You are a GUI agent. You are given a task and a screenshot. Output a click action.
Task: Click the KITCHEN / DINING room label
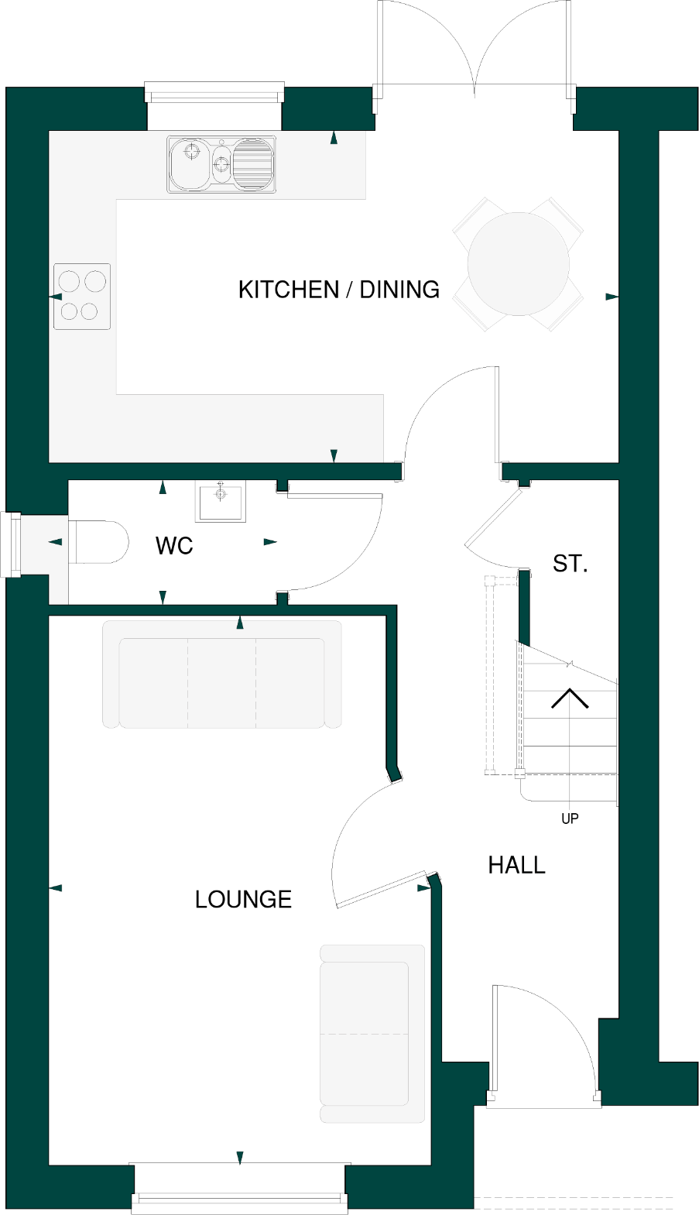338,290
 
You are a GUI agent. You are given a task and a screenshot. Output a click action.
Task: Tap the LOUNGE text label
243,899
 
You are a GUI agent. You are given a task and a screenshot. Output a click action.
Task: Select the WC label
174,546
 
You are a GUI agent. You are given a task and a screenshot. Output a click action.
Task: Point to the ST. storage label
570,564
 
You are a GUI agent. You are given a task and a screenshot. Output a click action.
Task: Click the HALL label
516,865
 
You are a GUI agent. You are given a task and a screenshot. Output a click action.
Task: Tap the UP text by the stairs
570,819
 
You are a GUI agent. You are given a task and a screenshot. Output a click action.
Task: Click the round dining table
518,264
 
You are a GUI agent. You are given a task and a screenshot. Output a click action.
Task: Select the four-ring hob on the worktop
82,296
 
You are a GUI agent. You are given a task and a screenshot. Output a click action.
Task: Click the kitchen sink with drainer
221,164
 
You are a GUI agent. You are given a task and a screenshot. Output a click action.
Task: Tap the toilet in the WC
98,541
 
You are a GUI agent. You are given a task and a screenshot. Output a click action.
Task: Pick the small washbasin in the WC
221,501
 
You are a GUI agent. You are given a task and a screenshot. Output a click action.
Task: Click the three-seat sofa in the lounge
222,674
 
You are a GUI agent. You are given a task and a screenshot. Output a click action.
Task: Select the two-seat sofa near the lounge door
372,1033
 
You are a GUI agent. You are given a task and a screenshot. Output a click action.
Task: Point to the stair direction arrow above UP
570,698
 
